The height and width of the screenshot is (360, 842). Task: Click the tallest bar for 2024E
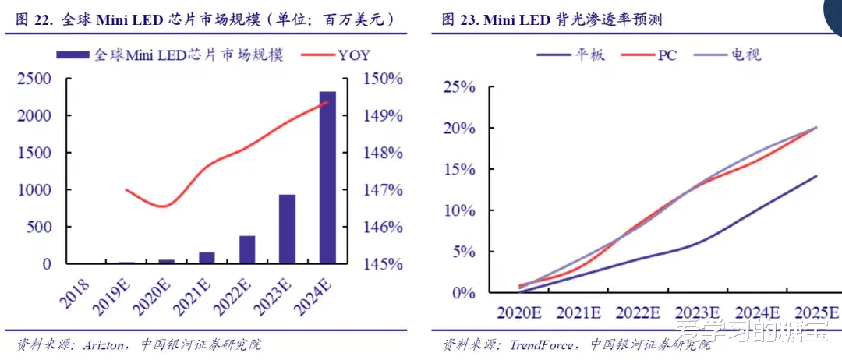click(x=327, y=178)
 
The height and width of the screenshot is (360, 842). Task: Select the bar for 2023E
click(x=287, y=229)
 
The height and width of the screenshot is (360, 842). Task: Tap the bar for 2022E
click(x=247, y=249)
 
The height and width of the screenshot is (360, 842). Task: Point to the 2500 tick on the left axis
click(x=34, y=79)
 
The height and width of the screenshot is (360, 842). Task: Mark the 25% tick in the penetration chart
click(x=459, y=86)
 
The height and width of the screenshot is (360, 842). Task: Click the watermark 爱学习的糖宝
click(x=752, y=330)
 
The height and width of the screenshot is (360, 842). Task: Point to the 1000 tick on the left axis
click(x=34, y=190)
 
